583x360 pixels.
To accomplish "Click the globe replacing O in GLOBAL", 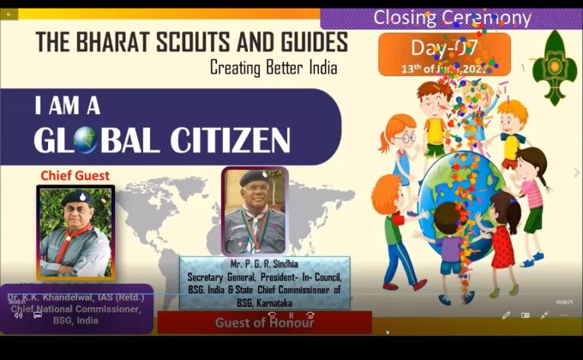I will pyautogui.click(x=85, y=139).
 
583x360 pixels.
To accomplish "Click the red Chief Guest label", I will pyautogui.click(x=75, y=176).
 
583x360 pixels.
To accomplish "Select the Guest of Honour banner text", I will pyautogui.click(x=264, y=322).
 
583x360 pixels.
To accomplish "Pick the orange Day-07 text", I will pyautogui.click(x=444, y=47).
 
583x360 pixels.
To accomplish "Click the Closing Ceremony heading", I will pyautogui.click(x=452, y=18).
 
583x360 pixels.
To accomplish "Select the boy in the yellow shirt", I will pyautogui.click(x=435, y=120).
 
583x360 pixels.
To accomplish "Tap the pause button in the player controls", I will pyautogui.click(x=291, y=315).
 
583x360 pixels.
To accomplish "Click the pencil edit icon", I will pyautogui.click(x=506, y=315).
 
